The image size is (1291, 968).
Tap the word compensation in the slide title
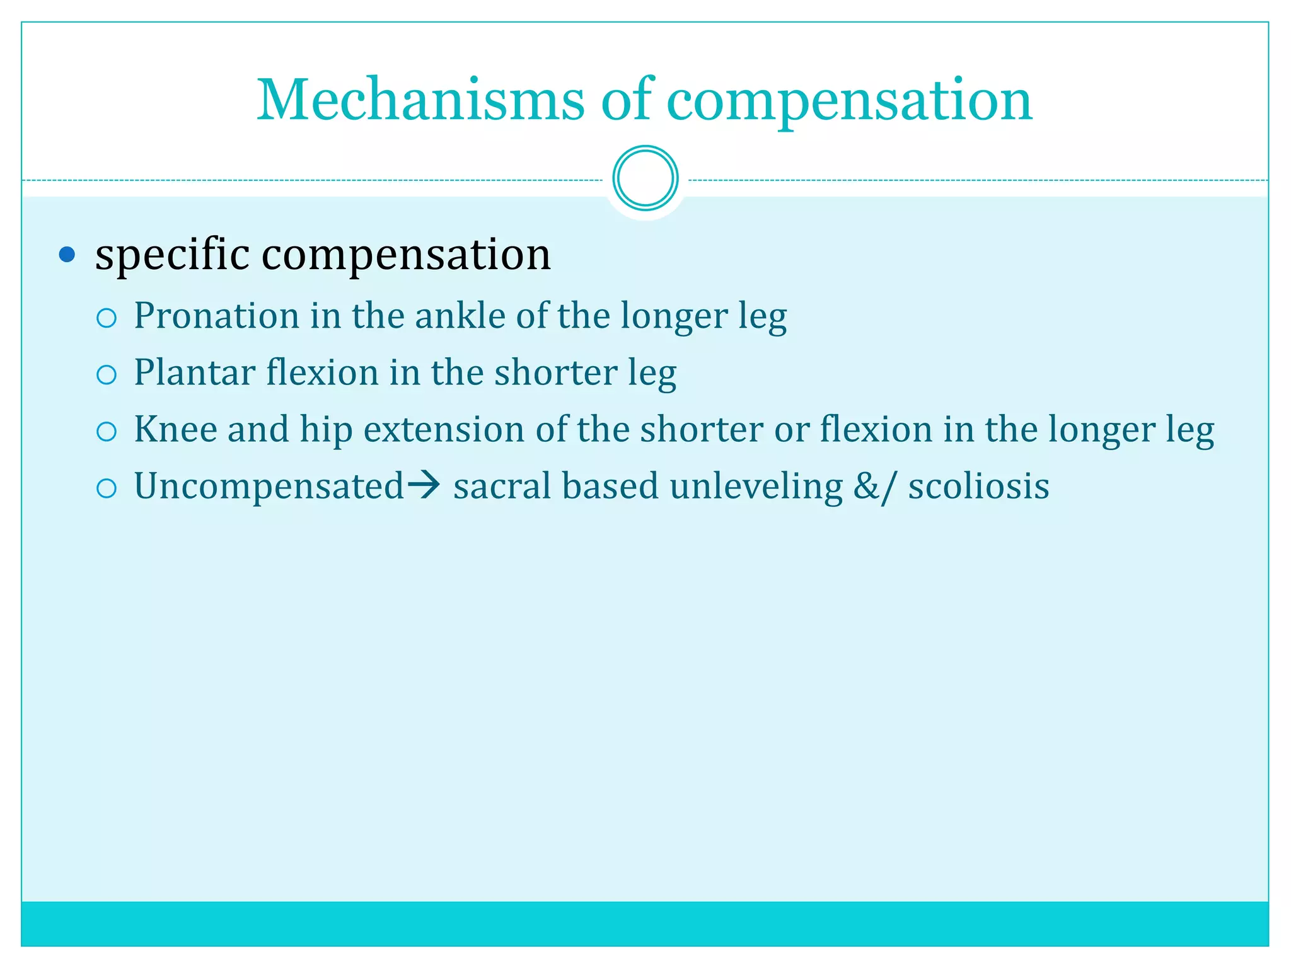click(x=849, y=101)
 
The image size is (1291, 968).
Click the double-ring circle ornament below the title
click(x=645, y=178)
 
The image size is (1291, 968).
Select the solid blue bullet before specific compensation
click(x=67, y=255)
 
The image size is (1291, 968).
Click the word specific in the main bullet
click(x=172, y=255)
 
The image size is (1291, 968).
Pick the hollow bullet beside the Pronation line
click(x=107, y=318)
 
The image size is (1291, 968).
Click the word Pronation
click(x=216, y=316)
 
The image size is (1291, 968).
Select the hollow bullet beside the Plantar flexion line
click(x=107, y=375)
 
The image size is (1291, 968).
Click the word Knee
click(x=175, y=429)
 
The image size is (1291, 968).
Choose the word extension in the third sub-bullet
click(x=443, y=429)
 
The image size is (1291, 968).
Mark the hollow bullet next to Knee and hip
click(x=107, y=432)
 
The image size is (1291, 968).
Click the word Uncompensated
click(x=269, y=487)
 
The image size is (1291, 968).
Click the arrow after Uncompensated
click(x=424, y=485)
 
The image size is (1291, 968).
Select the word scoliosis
click(x=978, y=487)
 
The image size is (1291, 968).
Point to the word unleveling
click(x=756, y=487)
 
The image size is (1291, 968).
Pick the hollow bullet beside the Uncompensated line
click(x=107, y=488)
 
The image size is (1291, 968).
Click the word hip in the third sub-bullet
click(x=326, y=430)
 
